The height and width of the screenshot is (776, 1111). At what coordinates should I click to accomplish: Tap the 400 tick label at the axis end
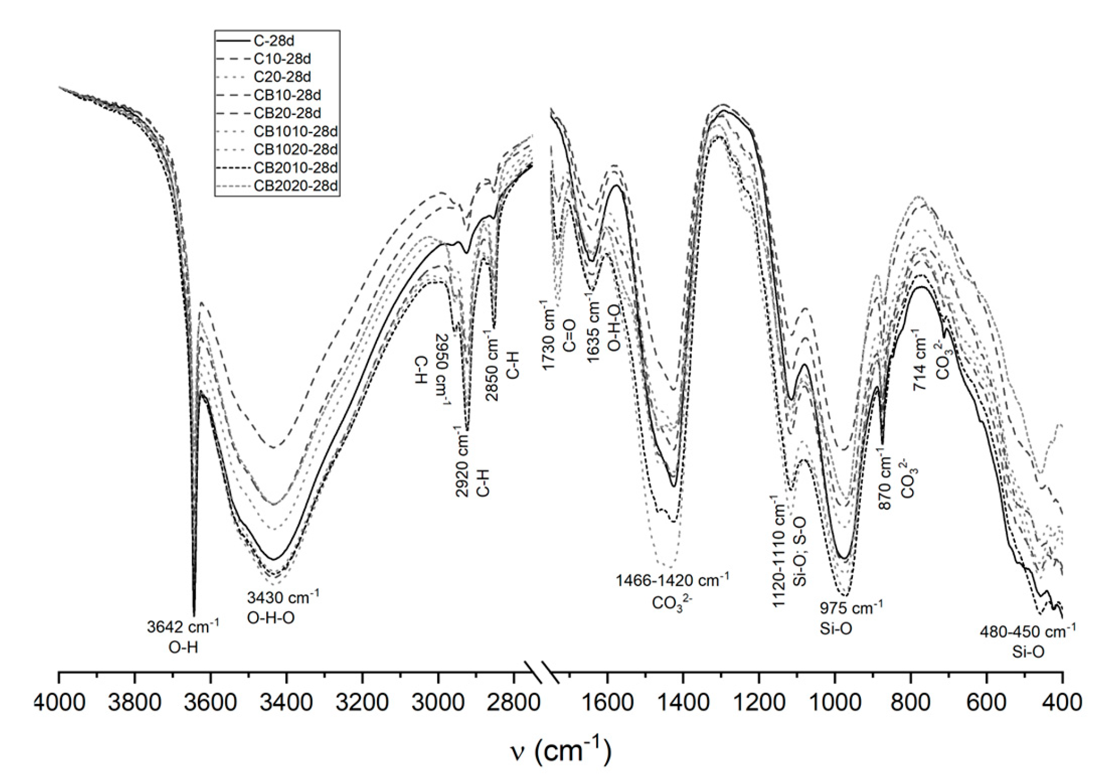1062,702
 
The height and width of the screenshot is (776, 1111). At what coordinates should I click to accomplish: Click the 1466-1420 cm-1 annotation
672,580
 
